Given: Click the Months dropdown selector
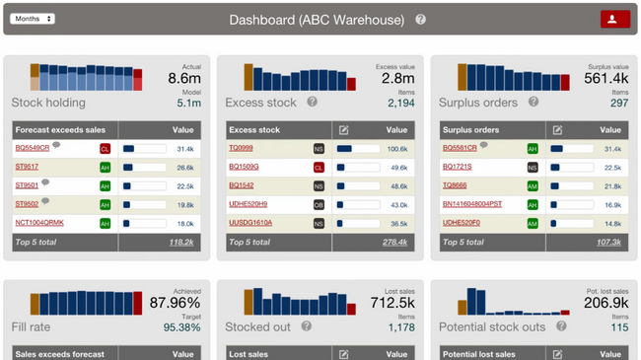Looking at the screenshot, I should point(33,19).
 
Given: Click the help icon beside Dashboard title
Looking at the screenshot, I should point(421,20).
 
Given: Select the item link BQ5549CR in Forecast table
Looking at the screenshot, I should point(32,148).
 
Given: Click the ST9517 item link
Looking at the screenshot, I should point(27,167).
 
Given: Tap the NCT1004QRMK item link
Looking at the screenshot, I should point(39,223).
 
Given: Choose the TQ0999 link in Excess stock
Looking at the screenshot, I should point(241,148).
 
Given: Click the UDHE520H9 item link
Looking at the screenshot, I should point(248,204).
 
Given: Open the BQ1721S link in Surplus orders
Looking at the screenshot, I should point(457,167).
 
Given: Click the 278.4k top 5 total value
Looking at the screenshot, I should point(394,242).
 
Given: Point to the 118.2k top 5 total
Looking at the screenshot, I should point(181,242).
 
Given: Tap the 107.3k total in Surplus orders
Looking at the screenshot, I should point(608,242).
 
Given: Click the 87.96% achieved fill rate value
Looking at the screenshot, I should point(175,304).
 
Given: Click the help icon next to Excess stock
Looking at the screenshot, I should point(313,102).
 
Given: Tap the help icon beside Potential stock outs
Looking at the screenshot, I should point(562,326).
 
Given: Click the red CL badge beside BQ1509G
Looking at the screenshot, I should point(319,168).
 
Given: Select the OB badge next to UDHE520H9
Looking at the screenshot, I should point(319,205).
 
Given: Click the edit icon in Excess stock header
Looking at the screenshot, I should point(343,130).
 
